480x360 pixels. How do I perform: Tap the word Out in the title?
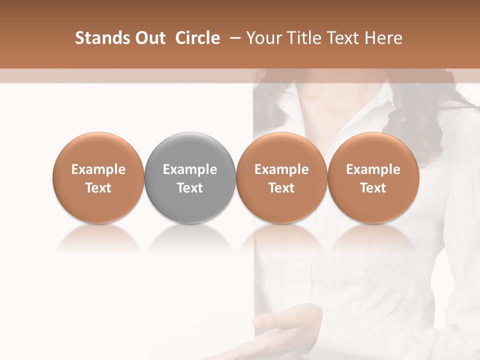149,38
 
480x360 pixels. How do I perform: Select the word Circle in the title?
197,38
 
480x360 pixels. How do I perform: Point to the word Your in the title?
263,38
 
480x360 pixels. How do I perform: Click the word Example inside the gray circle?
190,169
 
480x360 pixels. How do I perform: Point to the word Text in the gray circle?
190,188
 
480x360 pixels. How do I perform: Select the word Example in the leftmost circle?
98,169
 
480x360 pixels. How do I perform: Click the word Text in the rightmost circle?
373,188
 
